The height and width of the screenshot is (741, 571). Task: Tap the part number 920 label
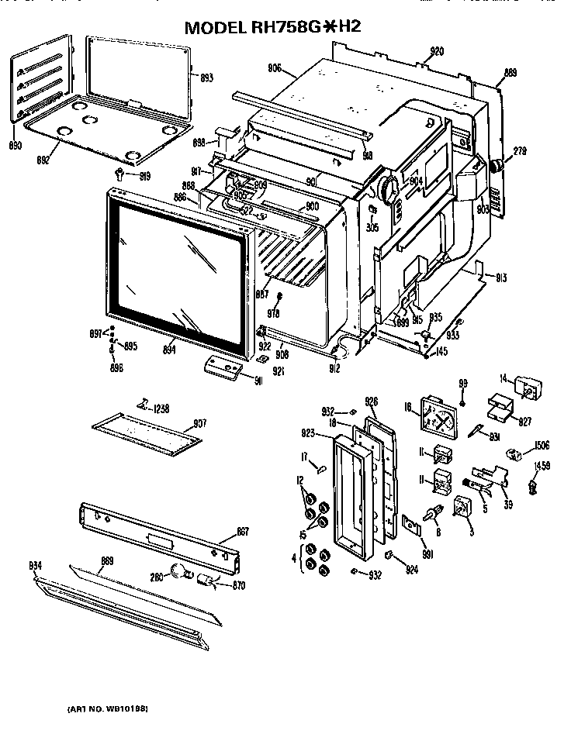click(436, 52)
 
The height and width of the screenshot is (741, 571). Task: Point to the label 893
click(206, 78)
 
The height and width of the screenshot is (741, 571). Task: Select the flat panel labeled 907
click(145, 436)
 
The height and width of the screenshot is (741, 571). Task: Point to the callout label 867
click(242, 531)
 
